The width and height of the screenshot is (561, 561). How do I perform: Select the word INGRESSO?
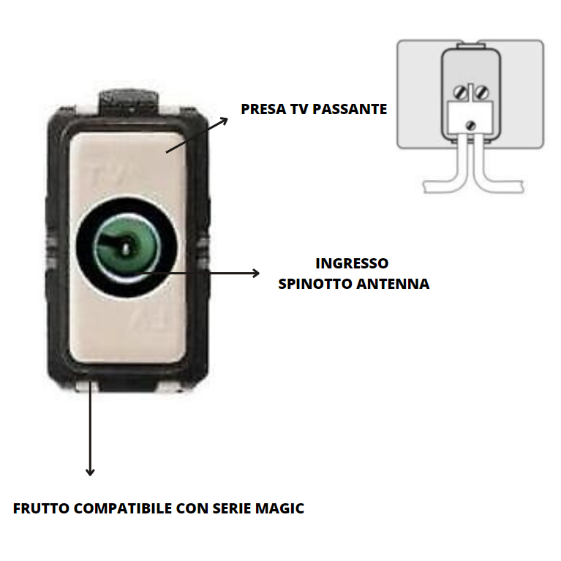(x=352, y=263)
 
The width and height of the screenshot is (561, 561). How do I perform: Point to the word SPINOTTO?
(x=315, y=284)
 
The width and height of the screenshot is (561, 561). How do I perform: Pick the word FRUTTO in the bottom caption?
(x=42, y=508)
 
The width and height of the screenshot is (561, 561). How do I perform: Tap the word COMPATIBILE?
(x=129, y=508)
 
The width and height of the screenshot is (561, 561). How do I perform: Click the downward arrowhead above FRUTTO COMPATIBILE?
(x=90, y=472)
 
